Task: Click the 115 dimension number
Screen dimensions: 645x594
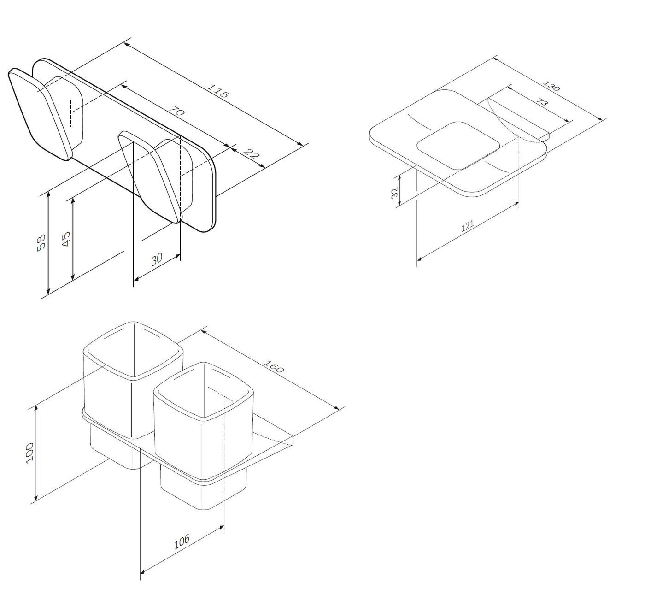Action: coord(218,91)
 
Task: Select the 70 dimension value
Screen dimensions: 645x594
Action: coord(176,111)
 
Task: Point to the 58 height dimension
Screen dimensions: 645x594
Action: coord(41,242)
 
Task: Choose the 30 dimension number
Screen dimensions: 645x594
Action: coord(157,259)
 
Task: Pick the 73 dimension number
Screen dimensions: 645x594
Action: coord(542,102)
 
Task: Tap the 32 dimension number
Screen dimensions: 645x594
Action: coord(395,192)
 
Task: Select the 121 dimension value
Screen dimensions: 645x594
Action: coord(468,226)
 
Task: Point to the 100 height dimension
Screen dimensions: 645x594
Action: coord(29,453)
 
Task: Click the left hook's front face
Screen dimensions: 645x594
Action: coord(40,114)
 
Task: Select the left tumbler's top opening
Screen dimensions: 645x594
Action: coord(133,351)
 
